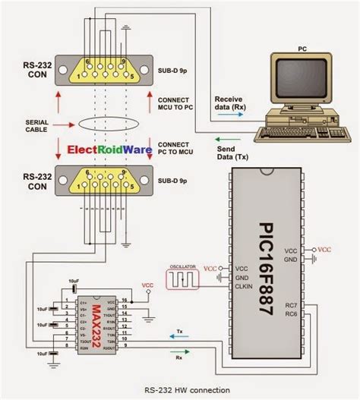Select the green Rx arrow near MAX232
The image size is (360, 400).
pos(179,354)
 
